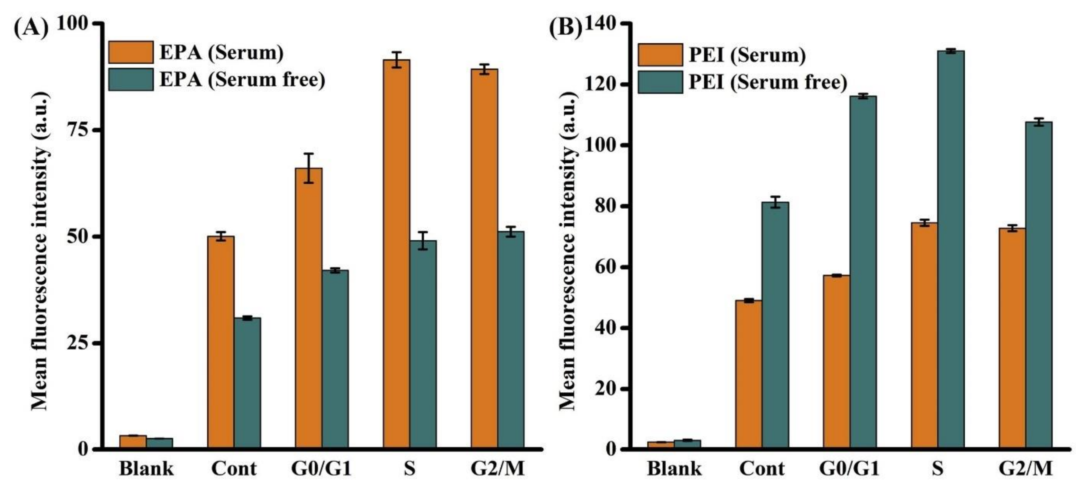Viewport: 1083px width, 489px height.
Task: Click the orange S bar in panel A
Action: (x=396, y=252)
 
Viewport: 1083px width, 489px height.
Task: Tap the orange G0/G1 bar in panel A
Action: (x=308, y=307)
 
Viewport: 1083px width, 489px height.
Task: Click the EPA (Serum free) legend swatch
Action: (x=131, y=79)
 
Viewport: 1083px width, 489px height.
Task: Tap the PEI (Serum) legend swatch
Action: (x=660, y=55)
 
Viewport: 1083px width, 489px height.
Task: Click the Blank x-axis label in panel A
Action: (x=146, y=469)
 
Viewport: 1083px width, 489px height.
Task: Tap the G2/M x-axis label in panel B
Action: (x=1025, y=469)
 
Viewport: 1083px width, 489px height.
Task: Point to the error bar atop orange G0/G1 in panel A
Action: (x=309, y=168)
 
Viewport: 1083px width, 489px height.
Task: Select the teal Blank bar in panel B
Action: (x=687, y=444)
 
